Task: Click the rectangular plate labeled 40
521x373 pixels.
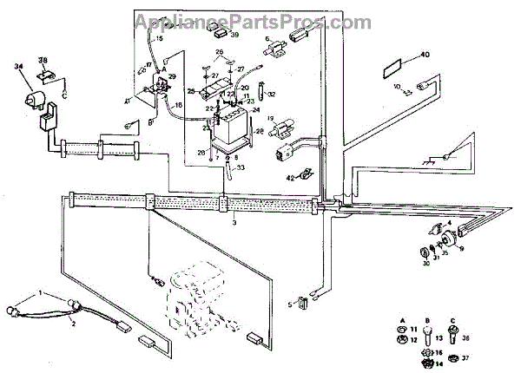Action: [x=396, y=67]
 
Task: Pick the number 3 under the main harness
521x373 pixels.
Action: [x=234, y=223]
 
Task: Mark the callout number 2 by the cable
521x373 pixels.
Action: [x=73, y=323]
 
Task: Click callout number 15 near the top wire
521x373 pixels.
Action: [x=159, y=39]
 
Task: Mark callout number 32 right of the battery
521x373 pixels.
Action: [x=271, y=94]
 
